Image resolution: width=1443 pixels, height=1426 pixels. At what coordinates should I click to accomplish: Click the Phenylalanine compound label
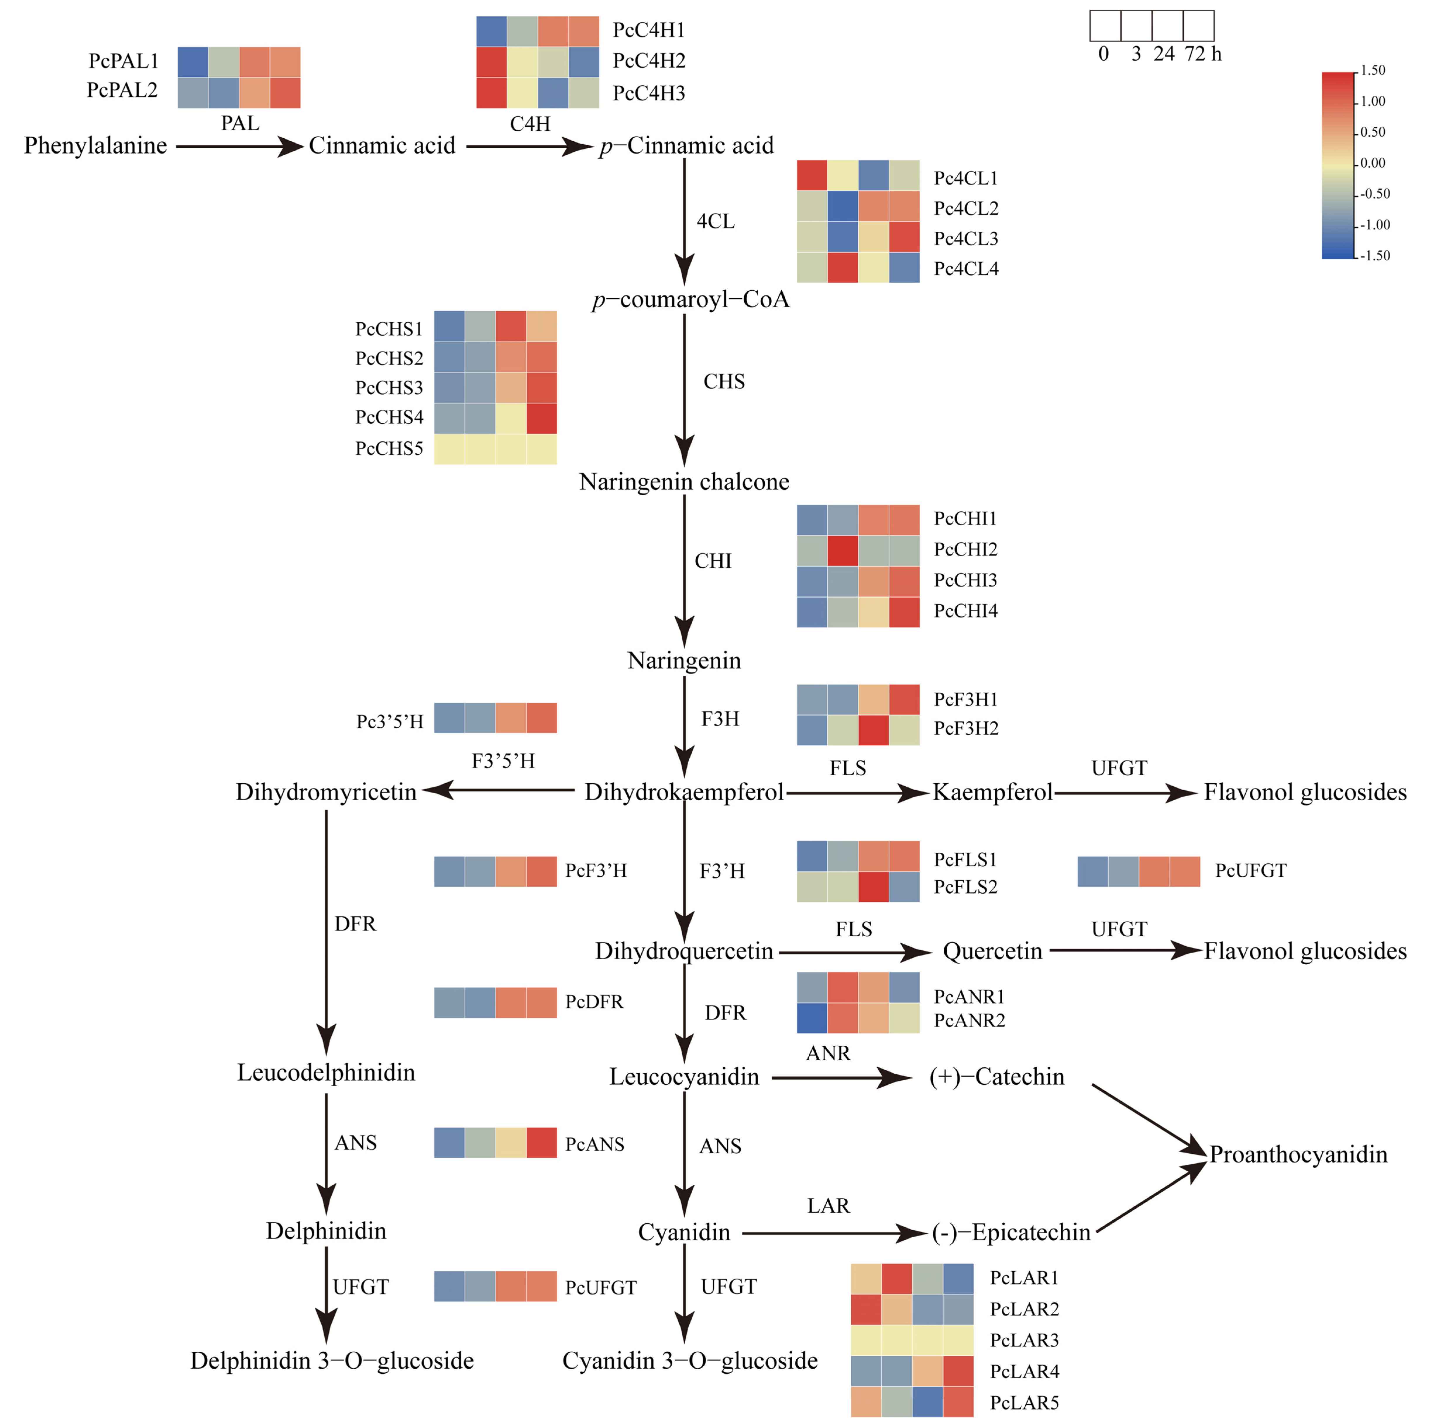pos(96,146)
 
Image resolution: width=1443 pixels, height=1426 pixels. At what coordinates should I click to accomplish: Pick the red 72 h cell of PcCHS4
pos(542,418)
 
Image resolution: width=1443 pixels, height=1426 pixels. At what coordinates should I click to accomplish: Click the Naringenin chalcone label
pos(684,482)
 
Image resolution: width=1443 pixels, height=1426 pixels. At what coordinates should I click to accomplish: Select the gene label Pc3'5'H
pos(390,722)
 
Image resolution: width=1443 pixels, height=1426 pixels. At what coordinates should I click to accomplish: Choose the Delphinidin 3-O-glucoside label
pos(332,1360)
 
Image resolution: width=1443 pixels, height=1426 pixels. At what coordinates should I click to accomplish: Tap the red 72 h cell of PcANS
pos(542,1143)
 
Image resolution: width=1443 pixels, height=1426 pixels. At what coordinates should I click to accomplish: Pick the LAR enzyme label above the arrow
pos(828,1206)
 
